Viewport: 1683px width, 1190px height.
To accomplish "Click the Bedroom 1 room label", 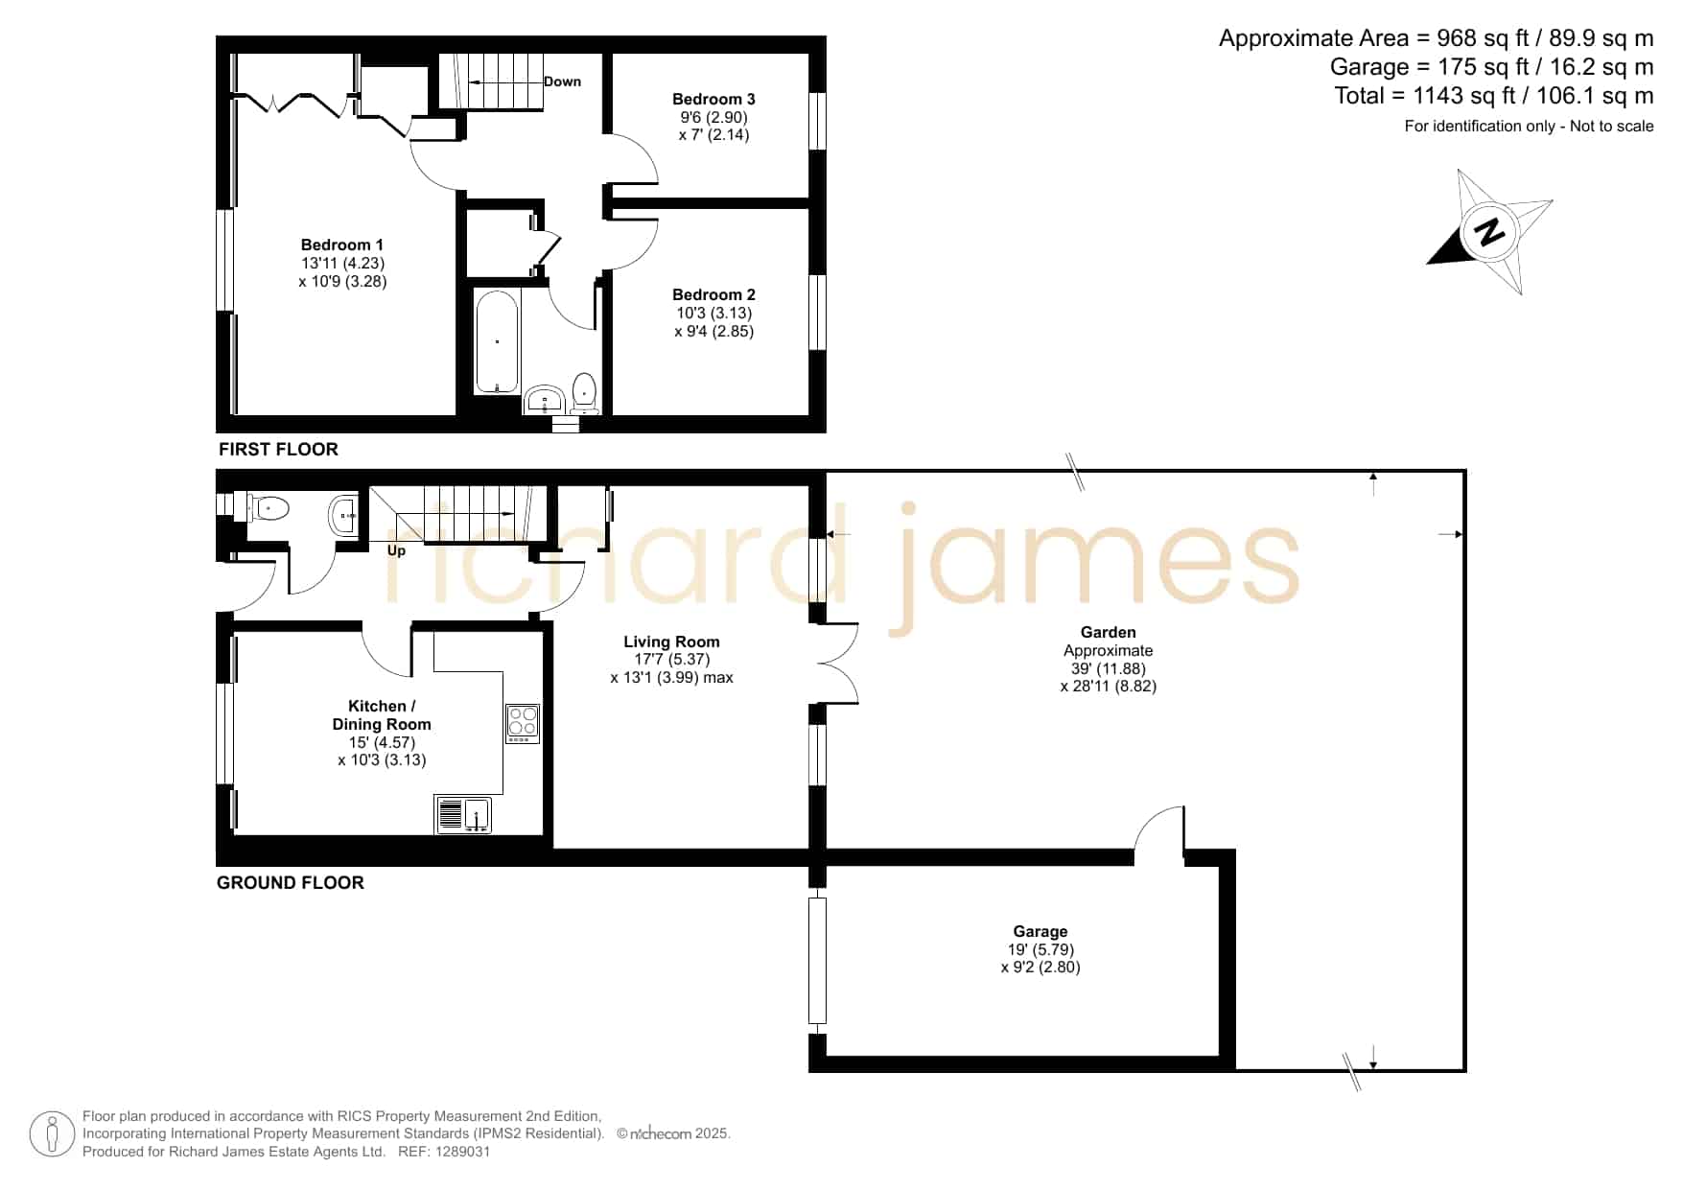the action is click(341, 245).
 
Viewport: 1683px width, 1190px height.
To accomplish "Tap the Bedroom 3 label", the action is click(713, 99).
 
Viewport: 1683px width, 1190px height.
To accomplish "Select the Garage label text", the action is click(1040, 931).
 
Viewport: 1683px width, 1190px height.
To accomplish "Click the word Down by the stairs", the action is click(562, 82).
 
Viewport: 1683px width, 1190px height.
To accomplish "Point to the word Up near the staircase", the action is click(396, 550).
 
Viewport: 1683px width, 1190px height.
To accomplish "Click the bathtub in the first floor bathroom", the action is click(497, 341).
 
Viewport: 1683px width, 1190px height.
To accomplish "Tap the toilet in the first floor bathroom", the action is click(585, 394).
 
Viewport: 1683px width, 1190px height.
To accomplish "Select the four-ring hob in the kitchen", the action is click(523, 724).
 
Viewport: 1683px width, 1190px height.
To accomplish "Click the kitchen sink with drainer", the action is click(463, 814).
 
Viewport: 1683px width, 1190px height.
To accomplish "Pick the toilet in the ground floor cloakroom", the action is click(268, 508).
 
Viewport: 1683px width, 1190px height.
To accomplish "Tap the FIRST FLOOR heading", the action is click(278, 449).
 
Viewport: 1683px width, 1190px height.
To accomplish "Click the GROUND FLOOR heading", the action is click(291, 882).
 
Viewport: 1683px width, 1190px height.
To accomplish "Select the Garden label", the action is click(1109, 632).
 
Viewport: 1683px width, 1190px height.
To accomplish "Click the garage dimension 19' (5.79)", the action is click(1040, 949).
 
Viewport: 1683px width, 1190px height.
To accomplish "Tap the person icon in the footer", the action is click(52, 1134).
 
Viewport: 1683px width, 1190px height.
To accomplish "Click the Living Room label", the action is click(671, 642).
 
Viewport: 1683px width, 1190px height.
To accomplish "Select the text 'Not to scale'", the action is click(1612, 126).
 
